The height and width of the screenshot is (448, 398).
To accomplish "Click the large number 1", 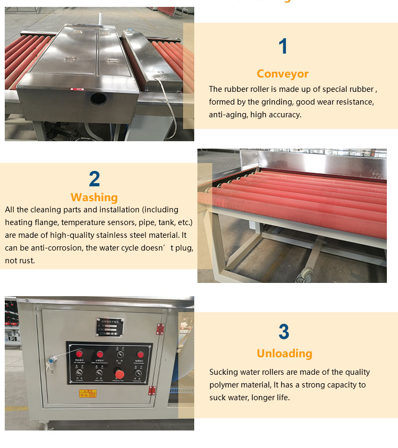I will click(x=283, y=46).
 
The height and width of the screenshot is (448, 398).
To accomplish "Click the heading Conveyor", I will click(x=282, y=74).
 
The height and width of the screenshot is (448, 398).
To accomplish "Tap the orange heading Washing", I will click(x=94, y=197).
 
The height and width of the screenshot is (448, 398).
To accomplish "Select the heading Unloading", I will click(x=284, y=354).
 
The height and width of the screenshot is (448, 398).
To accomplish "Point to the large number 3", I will click(x=284, y=332).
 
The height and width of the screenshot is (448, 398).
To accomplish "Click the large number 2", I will click(x=94, y=179).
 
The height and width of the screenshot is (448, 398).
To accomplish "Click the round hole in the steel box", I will click(x=98, y=98).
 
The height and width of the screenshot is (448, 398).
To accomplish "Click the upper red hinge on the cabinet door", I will click(x=160, y=329).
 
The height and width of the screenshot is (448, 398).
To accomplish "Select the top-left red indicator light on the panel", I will click(x=80, y=354).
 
